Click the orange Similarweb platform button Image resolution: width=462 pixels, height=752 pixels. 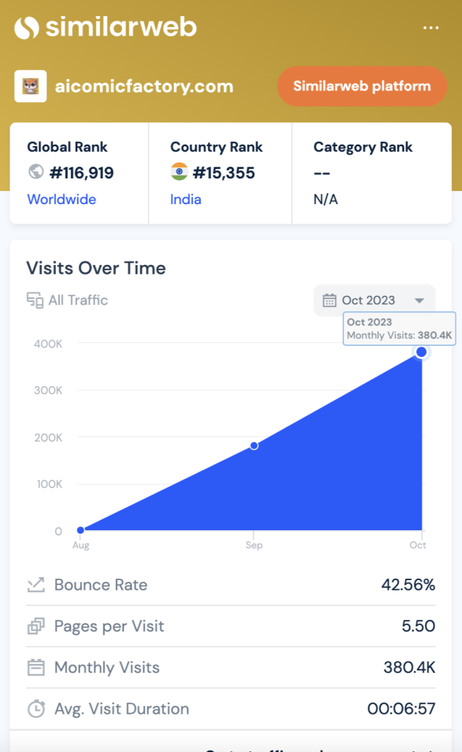(x=361, y=87)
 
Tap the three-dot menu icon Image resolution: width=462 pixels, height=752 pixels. (x=431, y=28)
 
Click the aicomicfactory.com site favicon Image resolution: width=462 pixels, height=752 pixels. (x=30, y=87)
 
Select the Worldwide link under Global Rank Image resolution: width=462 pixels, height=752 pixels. (x=62, y=199)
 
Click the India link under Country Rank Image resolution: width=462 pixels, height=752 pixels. (x=186, y=199)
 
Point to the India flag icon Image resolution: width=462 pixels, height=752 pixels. (x=179, y=173)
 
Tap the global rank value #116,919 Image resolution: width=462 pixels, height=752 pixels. (x=81, y=173)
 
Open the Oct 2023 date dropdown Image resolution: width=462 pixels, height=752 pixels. (x=375, y=300)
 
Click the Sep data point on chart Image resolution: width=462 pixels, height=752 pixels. (x=254, y=446)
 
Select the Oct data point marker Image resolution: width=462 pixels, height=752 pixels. (x=422, y=352)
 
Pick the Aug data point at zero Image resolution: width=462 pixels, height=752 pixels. (x=81, y=530)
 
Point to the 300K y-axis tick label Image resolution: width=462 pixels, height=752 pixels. (x=48, y=390)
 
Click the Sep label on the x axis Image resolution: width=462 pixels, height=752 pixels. (x=254, y=546)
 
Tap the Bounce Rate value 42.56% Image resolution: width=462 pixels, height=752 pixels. (x=408, y=585)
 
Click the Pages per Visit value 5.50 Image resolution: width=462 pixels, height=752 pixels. (x=419, y=626)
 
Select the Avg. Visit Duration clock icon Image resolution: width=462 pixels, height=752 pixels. (x=35, y=709)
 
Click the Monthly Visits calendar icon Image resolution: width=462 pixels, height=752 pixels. (x=35, y=668)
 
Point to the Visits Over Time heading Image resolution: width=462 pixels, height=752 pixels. (x=96, y=268)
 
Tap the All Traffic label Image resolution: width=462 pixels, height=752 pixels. (x=78, y=300)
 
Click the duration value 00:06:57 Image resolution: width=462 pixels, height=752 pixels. (x=401, y=709)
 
